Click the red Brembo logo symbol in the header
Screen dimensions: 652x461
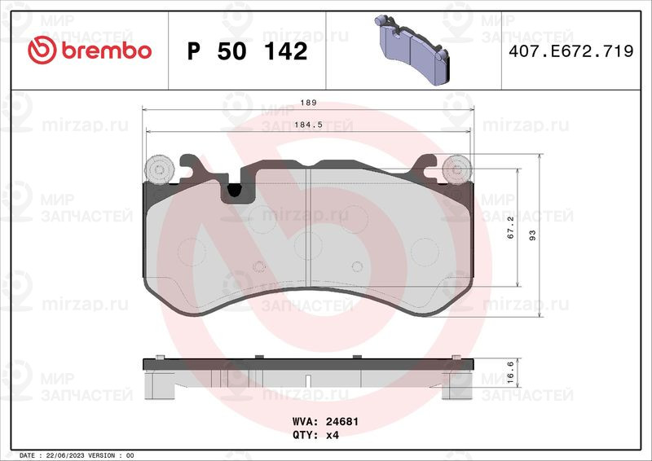pos(42,50)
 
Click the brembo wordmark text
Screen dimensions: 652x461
pos(107,50)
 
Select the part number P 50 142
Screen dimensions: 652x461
pos(248,51)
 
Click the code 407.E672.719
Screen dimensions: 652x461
pos(571,50)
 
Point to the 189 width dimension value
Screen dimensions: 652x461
pos(309,103)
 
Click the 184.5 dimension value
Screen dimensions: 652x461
pos(309,125)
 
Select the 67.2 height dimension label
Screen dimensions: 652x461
pos(511,227)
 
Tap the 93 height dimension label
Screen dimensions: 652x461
pos(533,235)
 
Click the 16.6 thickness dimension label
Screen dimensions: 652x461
pos(511,372)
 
